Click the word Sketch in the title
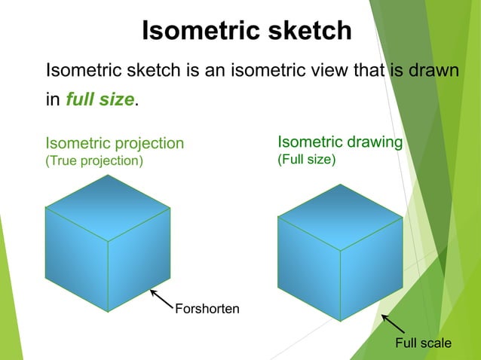[308, 30]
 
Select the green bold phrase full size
[100, 99]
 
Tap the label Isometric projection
[115, 143]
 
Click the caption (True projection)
[93, 160]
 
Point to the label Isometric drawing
[340, 142]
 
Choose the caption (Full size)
[306, 160]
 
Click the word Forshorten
[207, 308]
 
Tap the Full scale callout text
[424, 343]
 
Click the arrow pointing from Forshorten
[161, 298]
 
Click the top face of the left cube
[108, 208]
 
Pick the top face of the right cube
[340, 217]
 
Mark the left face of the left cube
[76, 256]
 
